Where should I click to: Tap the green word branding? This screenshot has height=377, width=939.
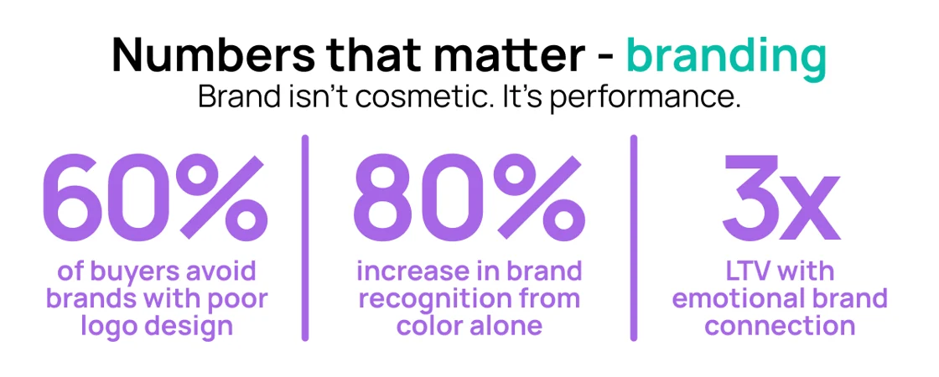pyautogui.click(x=726, y=55)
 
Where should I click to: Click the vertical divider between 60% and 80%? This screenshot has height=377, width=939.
pyautogui.click(x=305, y=238)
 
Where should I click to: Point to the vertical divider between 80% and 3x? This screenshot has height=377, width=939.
pyautogui.click(x=633, y=238)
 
